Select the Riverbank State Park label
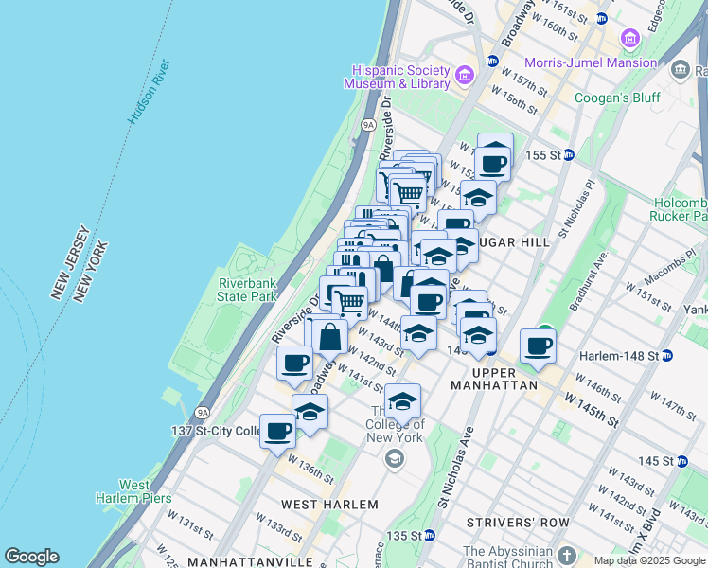[247, 290]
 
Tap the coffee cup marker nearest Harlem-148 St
[539, 346]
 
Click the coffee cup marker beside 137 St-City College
[278, 431]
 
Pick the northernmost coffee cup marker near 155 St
[494, 162]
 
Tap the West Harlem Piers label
[133, 491]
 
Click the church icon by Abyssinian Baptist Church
[567, 555]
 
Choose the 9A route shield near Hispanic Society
[368, 123]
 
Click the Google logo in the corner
[31, 557]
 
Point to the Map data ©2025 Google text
[649, 560]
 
